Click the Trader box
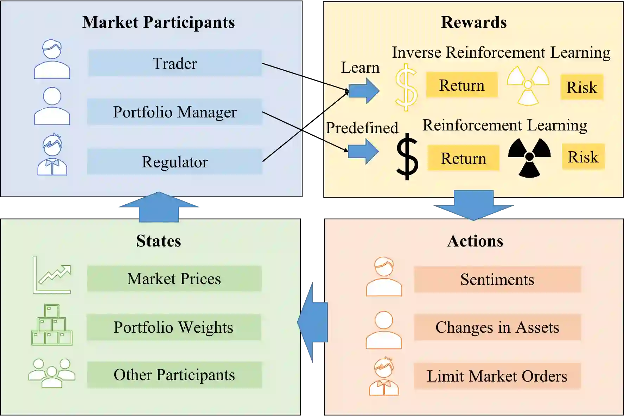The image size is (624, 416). (175, 63)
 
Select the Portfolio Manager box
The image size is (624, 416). (175, 112)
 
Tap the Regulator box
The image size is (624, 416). (175, 162)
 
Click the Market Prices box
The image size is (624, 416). (174, 279)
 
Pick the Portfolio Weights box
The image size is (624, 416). (174, 327)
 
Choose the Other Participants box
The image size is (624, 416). (174, 375)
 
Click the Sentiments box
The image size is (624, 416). (497, 280)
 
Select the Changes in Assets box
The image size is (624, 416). (497, 327)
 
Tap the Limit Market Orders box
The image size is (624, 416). (497, 376)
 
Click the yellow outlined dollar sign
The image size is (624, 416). (406, 87)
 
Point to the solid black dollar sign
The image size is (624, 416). (407, 157)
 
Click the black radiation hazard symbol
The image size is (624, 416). (529, 157)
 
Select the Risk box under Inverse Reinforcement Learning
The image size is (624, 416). (582, 87)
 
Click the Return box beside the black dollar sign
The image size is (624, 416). (463, 158)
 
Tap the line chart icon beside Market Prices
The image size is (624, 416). (52, 275)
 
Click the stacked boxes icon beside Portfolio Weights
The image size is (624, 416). (52, 325)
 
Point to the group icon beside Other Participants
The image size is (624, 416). (52, 373)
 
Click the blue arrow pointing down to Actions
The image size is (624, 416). (473, 205)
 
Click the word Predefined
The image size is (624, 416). (362, 128)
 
